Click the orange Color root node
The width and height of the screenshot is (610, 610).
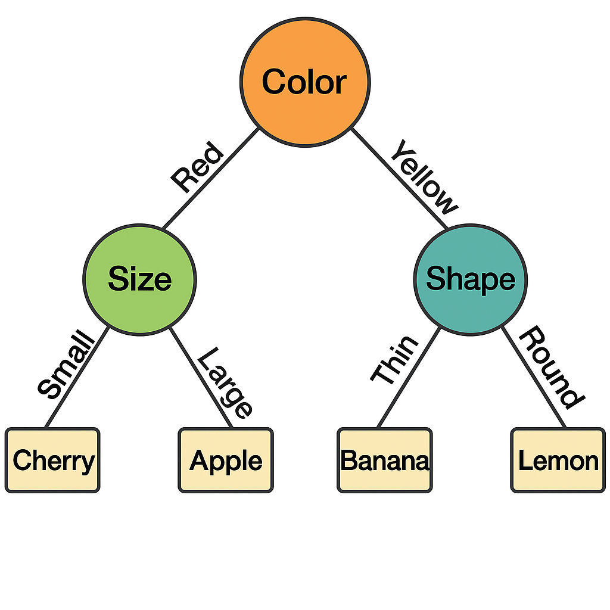point(305,82)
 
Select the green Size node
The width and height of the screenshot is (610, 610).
point(139,280)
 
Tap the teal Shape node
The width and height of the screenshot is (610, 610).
point(471,280)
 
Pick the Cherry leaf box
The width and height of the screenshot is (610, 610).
point(52,460)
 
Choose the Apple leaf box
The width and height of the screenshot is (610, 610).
point(226,460)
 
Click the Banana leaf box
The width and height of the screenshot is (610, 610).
point(385,460)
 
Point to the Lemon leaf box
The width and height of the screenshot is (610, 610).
point(558,460)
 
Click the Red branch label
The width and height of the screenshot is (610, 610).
point(198,167)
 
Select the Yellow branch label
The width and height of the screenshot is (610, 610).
point(424,177)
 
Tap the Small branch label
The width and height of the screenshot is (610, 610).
point(66,364)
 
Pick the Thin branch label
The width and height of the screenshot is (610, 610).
point(394,359)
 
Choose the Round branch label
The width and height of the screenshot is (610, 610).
point(552,367)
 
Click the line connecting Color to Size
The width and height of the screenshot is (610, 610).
point(210,179)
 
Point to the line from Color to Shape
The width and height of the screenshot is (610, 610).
point(399,178)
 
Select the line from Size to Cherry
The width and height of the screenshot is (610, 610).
point(77,377)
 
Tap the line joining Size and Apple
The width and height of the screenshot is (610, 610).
point(201,377)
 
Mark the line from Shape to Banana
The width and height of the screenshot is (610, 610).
point(409,377)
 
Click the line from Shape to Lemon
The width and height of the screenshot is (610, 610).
point(533,377)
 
